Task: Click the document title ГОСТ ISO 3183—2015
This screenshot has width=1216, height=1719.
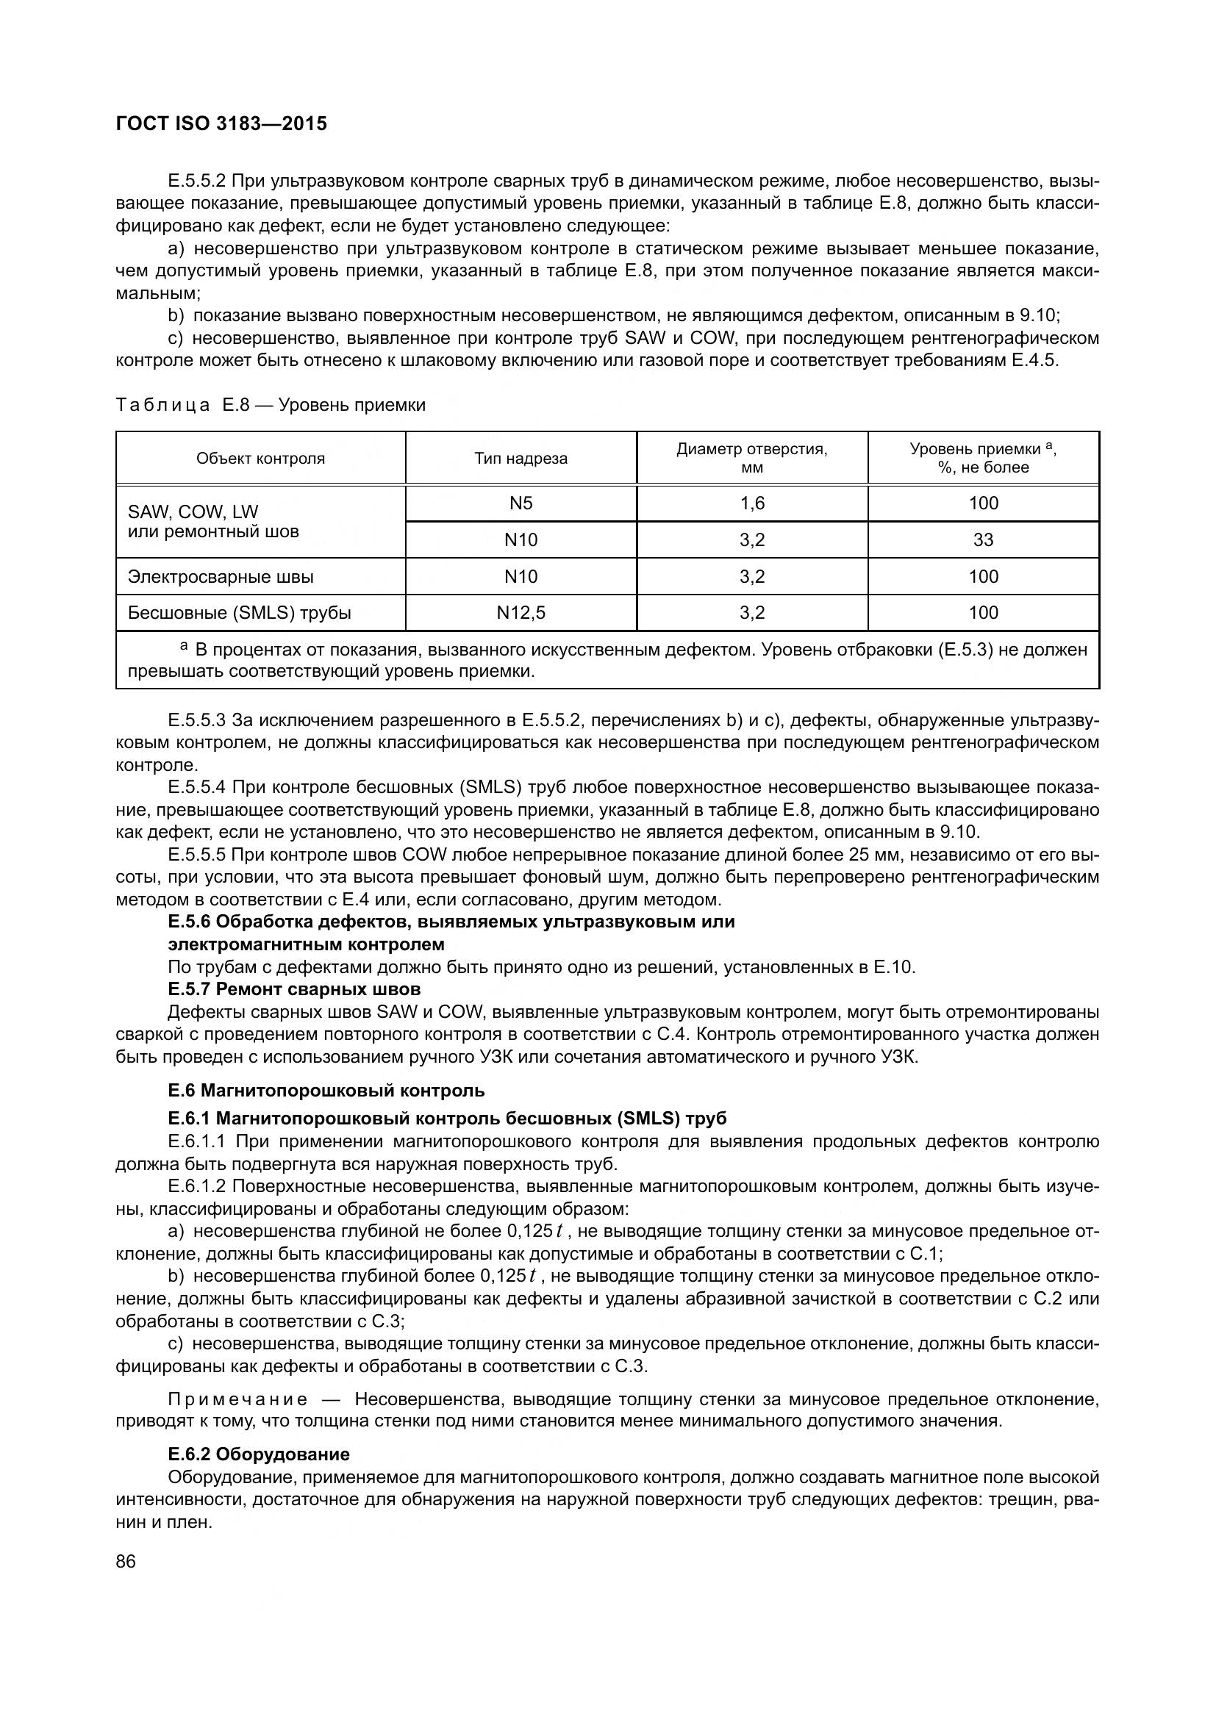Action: (221, 123)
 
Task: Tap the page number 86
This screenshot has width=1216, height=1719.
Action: (126, 1561)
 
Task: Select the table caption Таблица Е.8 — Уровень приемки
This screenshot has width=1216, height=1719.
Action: (271, 405)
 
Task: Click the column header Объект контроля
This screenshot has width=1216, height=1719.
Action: (260, 458)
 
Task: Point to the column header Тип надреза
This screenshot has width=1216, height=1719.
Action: (521, 458)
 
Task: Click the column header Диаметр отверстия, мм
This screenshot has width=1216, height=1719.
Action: (752, 458)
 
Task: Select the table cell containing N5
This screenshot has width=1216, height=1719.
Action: (521, 503)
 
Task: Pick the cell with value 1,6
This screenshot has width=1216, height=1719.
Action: (752, 503)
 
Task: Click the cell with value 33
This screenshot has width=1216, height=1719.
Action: (982, 540)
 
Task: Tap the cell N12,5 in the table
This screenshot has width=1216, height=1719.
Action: (521, 612)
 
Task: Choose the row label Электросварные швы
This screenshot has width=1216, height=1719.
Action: (221, 576)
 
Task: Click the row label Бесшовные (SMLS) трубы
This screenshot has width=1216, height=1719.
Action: (240, 612)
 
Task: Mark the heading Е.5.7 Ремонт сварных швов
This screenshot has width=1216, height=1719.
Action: (294, 989)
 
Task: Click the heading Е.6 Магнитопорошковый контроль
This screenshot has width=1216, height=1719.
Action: (326, 1090)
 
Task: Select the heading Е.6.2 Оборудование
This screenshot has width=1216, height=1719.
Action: (259, 1454)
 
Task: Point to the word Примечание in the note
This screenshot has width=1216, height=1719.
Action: (237, 1399)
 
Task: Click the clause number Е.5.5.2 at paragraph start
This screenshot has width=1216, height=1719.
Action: (197, 181)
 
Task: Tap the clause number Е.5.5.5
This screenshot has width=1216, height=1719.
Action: (197, 854)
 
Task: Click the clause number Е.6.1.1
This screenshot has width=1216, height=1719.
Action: (196, 1141)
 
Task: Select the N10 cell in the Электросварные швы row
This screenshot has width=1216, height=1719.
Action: (521, 576)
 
